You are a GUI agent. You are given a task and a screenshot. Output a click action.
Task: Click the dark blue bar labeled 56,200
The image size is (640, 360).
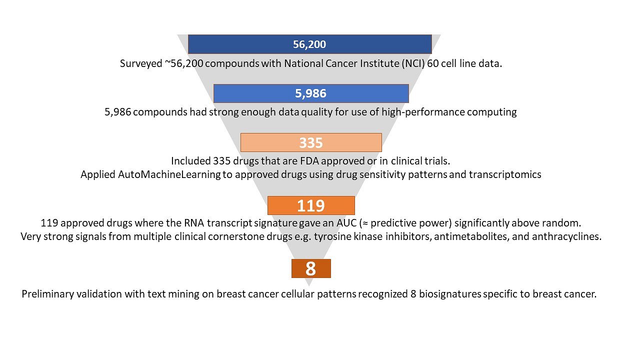coord(309,44)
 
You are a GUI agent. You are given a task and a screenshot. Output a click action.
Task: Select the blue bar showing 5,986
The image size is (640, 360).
coord(311,93)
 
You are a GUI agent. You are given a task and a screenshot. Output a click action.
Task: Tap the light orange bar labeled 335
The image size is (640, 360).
coord(311,142)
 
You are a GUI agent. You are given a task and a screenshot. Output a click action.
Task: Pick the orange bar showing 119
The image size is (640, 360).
coord(311,205)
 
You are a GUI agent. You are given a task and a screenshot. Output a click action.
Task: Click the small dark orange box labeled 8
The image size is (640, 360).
coord(311,268)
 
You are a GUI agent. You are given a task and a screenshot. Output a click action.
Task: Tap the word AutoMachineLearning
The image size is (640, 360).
coord(169,174)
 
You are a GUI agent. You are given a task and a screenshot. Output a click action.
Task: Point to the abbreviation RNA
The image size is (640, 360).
coord(194,223)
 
